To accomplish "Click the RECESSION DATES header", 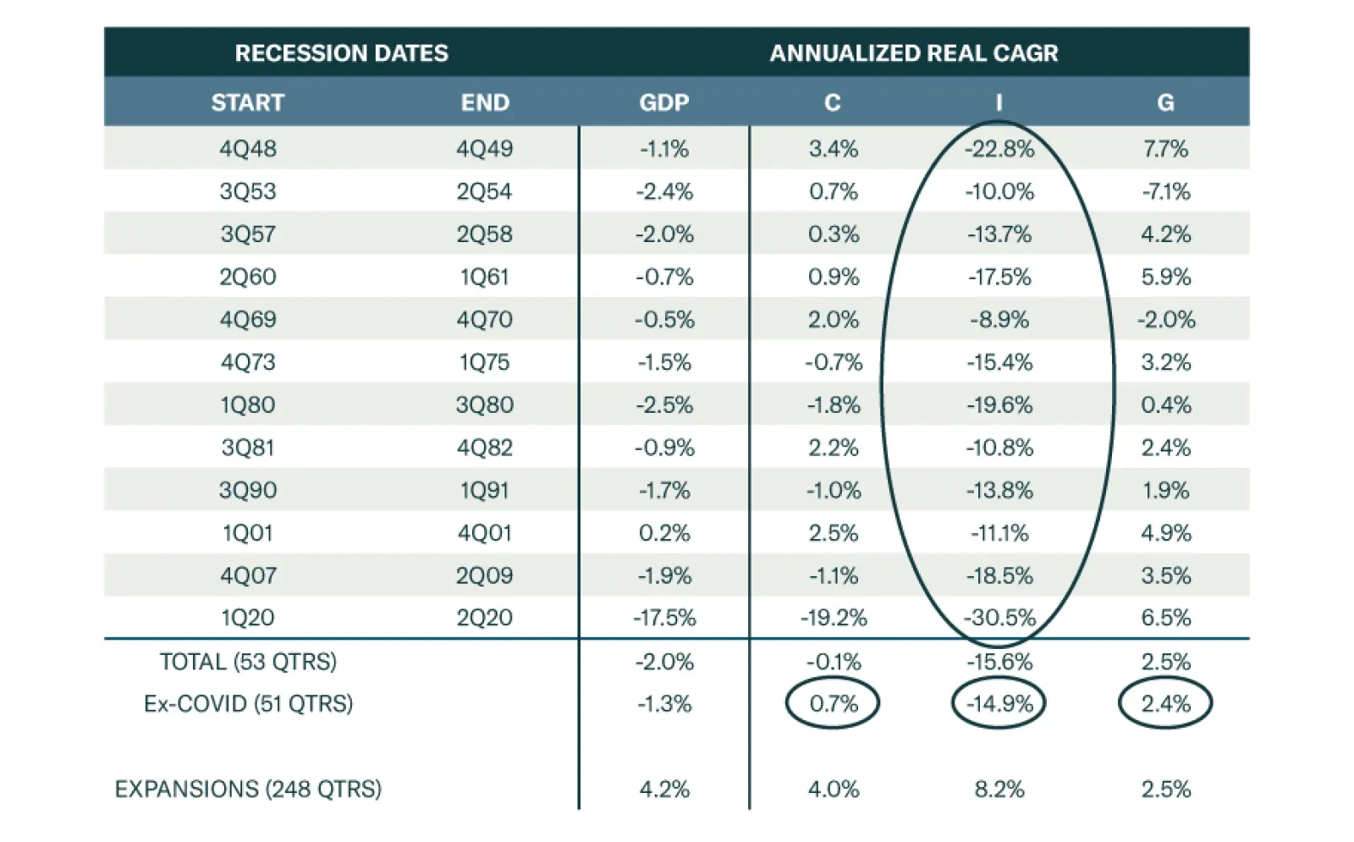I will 341,52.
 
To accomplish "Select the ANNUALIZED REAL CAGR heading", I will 913,52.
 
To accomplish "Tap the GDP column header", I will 663,102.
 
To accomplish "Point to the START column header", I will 247,102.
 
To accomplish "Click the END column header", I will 485,102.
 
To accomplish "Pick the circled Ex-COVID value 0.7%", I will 833,703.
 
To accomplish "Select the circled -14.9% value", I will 999,703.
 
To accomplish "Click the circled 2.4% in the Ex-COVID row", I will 1165,703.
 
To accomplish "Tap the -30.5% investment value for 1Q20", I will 999,617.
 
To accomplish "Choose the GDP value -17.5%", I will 664,617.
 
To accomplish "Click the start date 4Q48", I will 247,149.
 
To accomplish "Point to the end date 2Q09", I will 485,575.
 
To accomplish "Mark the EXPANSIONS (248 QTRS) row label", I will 248,789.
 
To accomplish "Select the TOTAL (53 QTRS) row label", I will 248,661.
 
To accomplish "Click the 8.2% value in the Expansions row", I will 999,789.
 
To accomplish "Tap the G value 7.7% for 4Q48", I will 1165,149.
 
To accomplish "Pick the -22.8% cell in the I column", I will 999,149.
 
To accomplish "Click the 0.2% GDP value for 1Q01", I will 664,532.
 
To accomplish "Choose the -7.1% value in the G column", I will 1165,191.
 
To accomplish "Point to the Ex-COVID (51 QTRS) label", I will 248,703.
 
